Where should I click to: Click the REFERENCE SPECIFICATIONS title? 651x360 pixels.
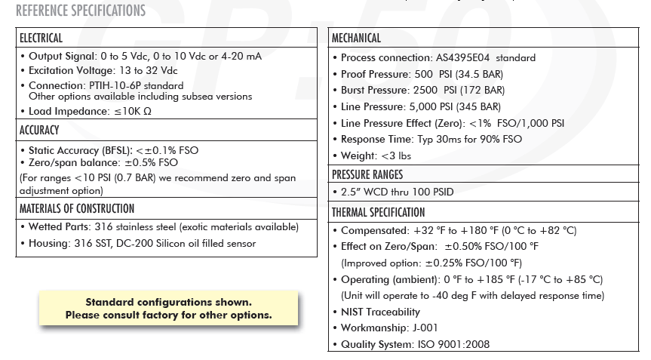point(81,11)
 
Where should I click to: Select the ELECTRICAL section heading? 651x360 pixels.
point(41,38)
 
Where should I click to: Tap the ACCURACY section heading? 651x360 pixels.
point(39,131)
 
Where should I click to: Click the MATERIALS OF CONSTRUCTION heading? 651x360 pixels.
point(77,208)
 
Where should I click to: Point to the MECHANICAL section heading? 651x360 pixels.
point(356,38)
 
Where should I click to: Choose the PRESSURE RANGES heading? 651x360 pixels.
point(367,175)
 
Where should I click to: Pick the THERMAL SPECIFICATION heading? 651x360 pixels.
point(379,213)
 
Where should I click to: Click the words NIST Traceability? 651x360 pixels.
point(380,312)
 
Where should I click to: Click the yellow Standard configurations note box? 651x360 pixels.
point(168,309)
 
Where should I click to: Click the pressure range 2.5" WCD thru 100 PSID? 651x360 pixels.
point(397,192)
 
